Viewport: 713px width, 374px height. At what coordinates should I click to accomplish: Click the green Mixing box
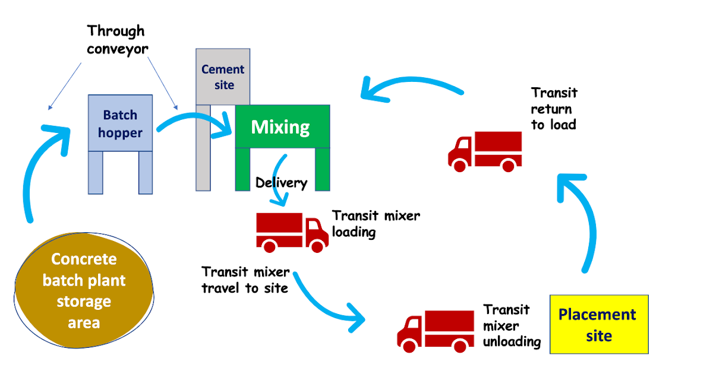(x=282, y=126)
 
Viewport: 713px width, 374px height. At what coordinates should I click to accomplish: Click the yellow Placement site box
(x=598, y=324)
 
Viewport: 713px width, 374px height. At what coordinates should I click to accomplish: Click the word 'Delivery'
(x=281, y=183)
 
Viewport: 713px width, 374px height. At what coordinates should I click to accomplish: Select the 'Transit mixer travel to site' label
(x=245, y=280)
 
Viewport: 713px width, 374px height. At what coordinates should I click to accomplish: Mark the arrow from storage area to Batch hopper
(x=42, y=166)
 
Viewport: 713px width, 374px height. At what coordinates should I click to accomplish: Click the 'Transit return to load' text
(x=554, y=109)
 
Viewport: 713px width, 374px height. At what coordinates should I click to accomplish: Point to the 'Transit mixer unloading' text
(x=511, y=326)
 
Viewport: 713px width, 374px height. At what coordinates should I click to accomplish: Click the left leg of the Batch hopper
(x=95, y=172)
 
